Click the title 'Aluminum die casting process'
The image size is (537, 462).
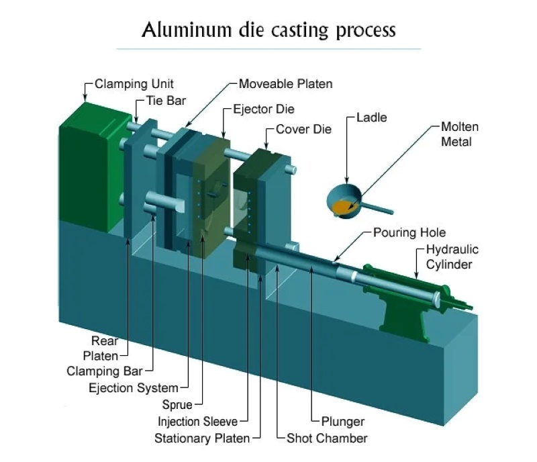tap(268, 30)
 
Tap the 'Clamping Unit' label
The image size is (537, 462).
tap(134, 84)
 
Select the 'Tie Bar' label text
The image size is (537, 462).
tap(166, 101)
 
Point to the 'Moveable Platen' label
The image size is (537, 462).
tap(285, 84)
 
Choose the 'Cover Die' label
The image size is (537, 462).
tap(303, 129)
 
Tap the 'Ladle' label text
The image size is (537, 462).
tap(372, 118)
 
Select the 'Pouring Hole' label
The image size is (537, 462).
tap(409, 233)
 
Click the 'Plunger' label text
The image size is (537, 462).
tap(342, 422)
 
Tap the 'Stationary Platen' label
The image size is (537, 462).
tap(202, 438)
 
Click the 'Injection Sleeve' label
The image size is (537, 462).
tap(197, 422)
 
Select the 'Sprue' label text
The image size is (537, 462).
tap(177, 405)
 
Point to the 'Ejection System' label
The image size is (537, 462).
tap(134, 387)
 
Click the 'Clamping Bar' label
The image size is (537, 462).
tap(110, 371)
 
